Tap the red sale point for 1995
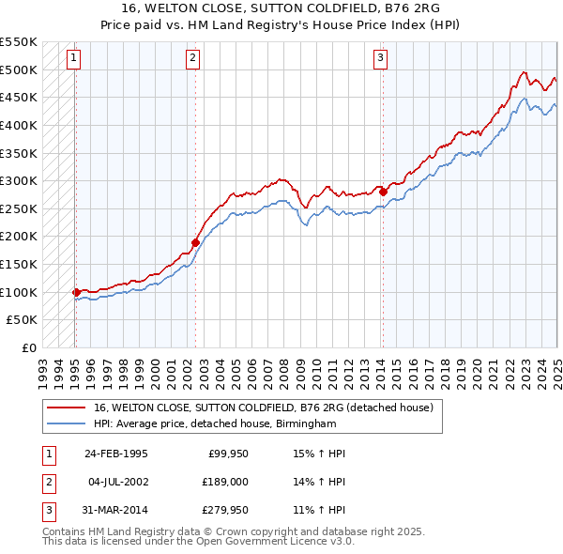pos(76,292)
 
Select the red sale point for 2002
pos(195,242)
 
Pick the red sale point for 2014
pos(383,192)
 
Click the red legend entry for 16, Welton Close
pos(263,408)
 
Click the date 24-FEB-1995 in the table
pos(116,454)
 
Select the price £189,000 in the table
pos(226,483)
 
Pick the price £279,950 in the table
pos(226,512)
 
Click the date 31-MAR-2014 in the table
pos(116,512)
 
